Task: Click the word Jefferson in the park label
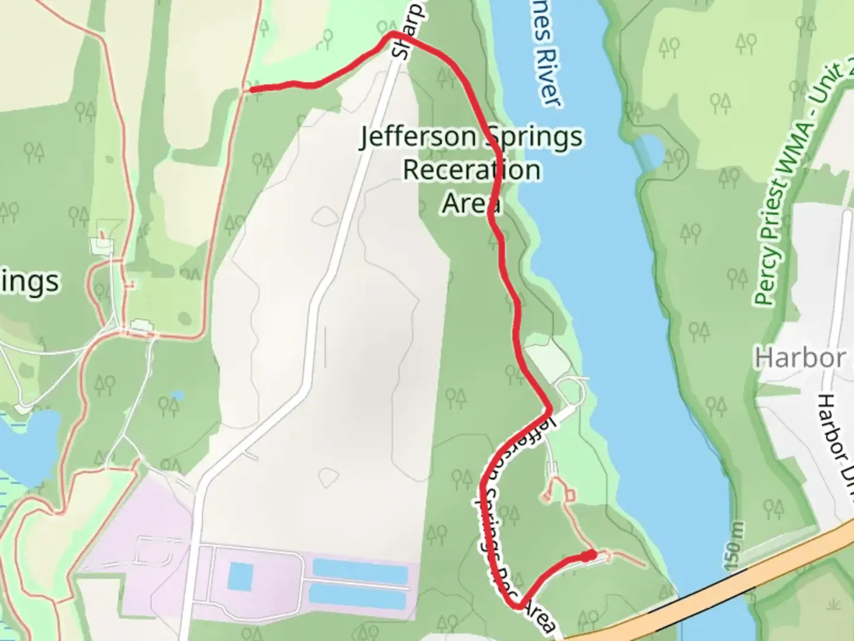[x=420, y=138]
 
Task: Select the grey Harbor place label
[x=800, y=358]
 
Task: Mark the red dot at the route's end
[x=588, y=556]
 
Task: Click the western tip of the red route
[x=251, y=90]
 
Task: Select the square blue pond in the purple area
[x=241, y=575]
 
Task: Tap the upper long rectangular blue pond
[x=360, y=568]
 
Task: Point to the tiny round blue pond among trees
[x=177, y=395]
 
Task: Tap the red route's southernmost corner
[x=518, y=606]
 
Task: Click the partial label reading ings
[x=30, y=282]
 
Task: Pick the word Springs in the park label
[x=534, y=138]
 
